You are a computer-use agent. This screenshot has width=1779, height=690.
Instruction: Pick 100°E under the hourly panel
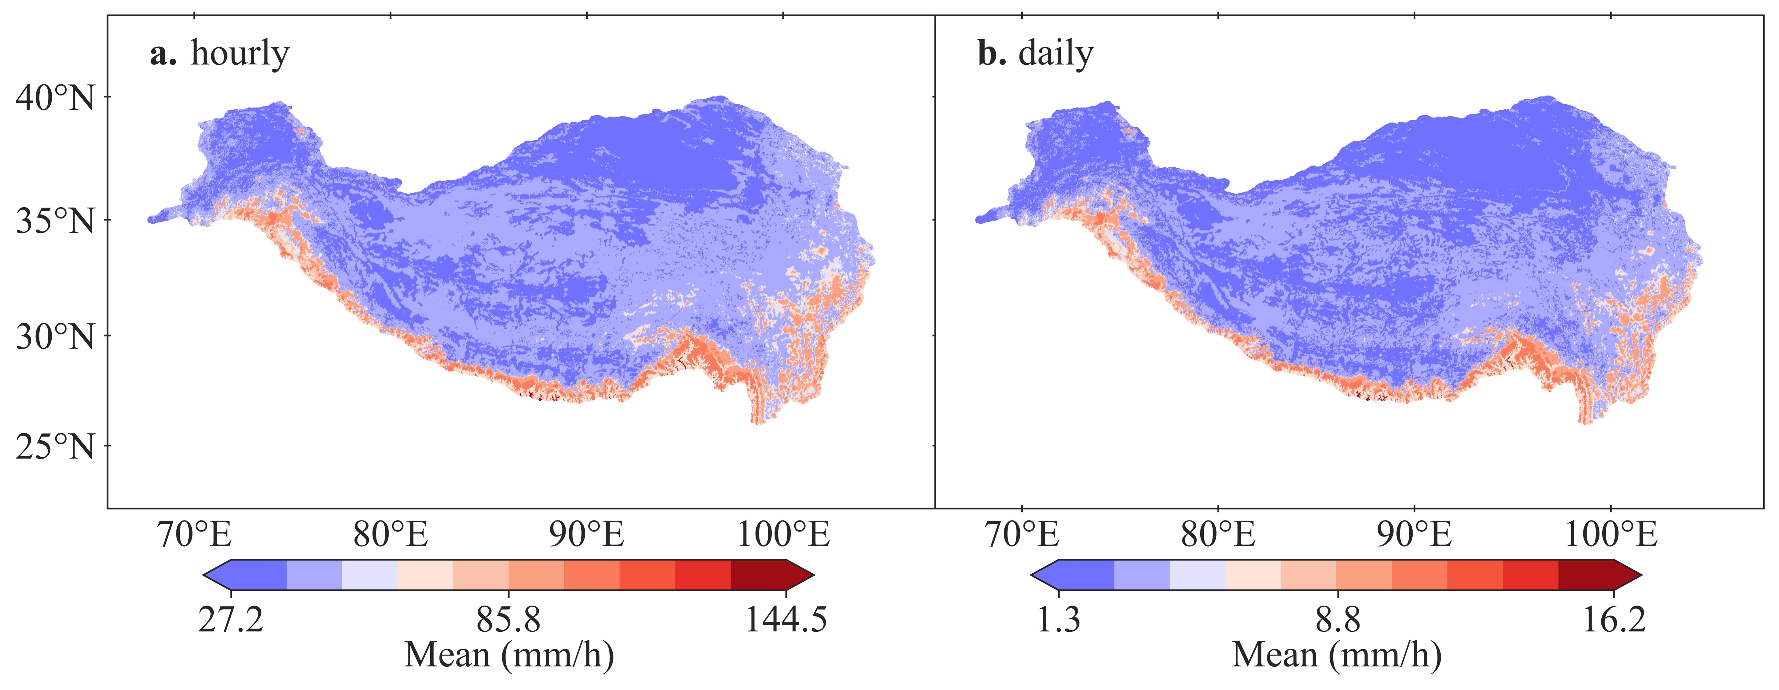[x=783, y=534]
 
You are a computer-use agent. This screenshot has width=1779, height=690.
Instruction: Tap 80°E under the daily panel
[x=1218, y=534]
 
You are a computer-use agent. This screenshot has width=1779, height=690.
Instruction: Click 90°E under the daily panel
[x=1414, y=534]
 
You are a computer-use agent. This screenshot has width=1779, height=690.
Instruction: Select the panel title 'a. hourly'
[x=219, y=54]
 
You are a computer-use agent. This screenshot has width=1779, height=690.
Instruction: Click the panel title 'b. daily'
[x=1035, y=54]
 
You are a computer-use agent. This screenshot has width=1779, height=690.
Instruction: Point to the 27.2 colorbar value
[x=231, y=619]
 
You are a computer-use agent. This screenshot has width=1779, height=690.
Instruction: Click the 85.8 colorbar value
[x=508, y=619]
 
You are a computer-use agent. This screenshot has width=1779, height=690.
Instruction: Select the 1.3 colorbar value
[x=1059, y=619]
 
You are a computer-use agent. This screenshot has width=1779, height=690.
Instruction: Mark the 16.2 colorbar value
[x=1614, y=619]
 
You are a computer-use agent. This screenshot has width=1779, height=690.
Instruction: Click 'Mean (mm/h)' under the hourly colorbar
[x=509, y=654]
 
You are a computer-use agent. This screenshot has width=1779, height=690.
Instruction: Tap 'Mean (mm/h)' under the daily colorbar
[x=1337, y=654]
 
